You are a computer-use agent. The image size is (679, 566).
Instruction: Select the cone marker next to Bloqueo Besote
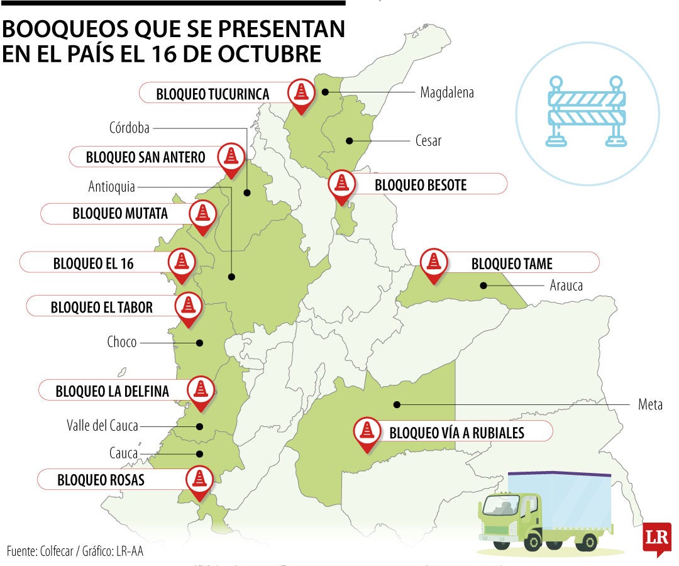tap(341, 184)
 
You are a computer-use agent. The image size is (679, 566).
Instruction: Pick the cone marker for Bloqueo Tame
tap(433, 261)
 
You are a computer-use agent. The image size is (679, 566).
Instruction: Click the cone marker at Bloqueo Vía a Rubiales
tap(366, 431)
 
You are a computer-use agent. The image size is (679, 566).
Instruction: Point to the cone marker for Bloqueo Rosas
tap(200, 479)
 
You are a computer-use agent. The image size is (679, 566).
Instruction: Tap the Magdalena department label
tap(446, 93)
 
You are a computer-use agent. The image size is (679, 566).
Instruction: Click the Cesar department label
tap(428, 140)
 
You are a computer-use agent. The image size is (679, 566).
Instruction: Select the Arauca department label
tap(566, 286)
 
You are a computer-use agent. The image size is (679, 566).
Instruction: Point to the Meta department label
tap(650, 404)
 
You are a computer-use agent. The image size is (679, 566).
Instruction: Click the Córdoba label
tap(129, 128)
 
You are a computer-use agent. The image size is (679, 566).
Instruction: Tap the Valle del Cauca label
tap(102, 426)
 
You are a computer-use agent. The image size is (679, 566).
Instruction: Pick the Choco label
tap(122, 343)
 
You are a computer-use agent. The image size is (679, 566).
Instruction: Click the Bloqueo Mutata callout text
tap(120, 214)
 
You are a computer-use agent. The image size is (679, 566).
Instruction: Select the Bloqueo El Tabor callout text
tap(102, 307)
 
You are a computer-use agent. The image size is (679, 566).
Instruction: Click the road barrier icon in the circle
tap(587, 112)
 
